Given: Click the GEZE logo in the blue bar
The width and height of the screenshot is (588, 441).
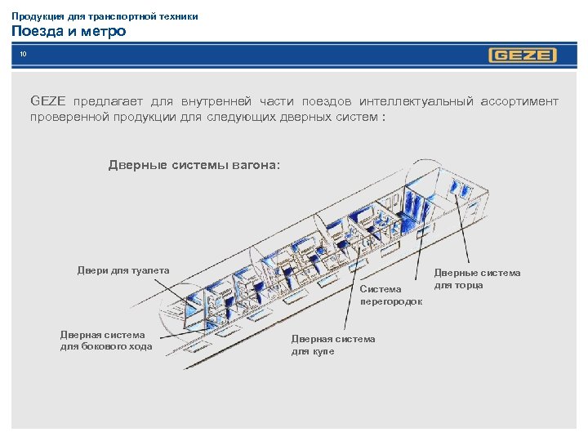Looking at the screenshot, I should coord(523,56).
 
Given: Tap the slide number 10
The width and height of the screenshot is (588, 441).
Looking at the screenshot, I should coord(24,55).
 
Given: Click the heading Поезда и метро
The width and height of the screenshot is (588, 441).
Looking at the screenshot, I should coord(69,32).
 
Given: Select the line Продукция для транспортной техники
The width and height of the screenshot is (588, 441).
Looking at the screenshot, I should coord(105,16).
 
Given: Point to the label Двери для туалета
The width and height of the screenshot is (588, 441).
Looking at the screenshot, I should coord(123,270).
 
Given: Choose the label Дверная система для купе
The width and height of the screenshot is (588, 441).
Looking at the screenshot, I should coord(333,345).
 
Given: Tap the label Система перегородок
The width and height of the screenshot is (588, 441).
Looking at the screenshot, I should coord(391,295).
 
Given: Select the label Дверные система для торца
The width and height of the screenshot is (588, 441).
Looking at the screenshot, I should coord(476,278).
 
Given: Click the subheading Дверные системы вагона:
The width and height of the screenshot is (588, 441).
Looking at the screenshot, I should coord(194,165).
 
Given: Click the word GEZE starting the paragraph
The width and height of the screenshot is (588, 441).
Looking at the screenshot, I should coord(47,101).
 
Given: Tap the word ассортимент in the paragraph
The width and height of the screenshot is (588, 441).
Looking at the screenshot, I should coord(519,101).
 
